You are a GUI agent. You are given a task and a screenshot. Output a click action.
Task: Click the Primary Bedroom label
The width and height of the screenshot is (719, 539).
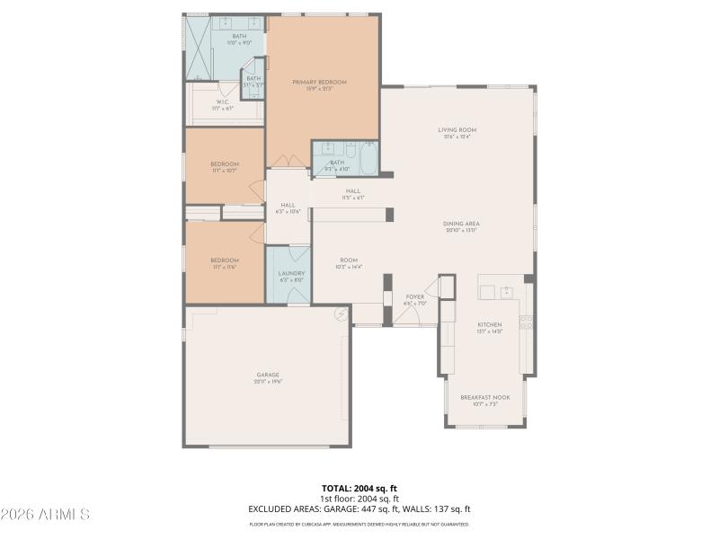pos(319,82)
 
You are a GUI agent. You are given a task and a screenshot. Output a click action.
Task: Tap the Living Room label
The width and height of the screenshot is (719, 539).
pos(457,130)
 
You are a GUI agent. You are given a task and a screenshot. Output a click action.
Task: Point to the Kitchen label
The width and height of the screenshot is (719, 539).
pos(489,324)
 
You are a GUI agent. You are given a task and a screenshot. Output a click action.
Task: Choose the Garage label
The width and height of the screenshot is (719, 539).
pos(268,375)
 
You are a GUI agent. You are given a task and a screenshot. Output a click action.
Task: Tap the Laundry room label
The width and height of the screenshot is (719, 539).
pos(291,273)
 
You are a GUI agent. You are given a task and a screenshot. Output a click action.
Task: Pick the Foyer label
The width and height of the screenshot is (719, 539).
pos(414,296)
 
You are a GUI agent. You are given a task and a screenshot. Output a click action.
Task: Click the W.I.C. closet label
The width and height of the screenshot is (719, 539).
pos(222,102)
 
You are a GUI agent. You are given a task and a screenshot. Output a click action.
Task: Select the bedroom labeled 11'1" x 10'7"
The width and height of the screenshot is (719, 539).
pos(225,163)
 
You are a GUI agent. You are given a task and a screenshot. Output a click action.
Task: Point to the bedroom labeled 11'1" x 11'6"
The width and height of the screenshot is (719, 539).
pos(225,261)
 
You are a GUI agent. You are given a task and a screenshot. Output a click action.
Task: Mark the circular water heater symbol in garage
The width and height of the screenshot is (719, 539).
pos(341,314)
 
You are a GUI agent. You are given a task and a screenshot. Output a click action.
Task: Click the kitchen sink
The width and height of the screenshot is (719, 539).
pos(507,292)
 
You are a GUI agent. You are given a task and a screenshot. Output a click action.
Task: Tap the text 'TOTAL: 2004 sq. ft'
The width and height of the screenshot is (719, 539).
pos(359,489)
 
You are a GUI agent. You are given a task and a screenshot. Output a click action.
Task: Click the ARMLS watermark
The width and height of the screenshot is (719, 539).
pos(45,515)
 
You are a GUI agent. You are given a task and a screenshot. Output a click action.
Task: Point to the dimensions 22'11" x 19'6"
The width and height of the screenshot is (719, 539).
pos(268,381)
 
